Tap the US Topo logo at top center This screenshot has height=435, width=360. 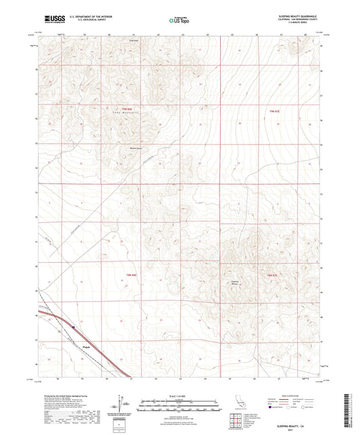(x=178, y=20)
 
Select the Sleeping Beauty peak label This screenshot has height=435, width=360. (x=234, y=283)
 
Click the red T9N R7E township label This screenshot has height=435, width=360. (x=273, y=111)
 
